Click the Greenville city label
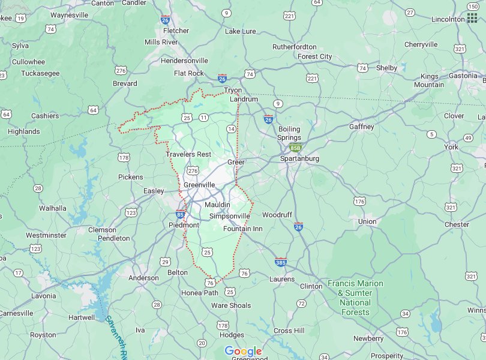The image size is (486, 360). [x=199, y=185]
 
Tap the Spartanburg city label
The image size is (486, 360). [x=299, y=158]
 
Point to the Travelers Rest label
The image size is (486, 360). [x=188, y=154]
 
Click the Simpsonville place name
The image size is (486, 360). [x=229, y=216]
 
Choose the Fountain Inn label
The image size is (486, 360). [x=242, y=229]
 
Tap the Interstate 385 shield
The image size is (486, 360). [x=280, y=262]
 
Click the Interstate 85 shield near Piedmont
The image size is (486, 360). [x=181, y=214]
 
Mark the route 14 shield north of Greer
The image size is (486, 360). [x=231, y=129]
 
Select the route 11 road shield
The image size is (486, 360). [x=204, y=118]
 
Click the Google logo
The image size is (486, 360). [x=243, y=352]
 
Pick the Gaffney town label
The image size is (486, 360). [x=361, y=127]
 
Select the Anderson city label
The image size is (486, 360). [x=144, y=278]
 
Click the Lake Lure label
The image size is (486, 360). [x=240, y=31]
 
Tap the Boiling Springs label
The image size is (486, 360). [x=289, y=133]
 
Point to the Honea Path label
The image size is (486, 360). [x=200, y=293]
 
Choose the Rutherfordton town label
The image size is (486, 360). [x=294, y=46]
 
